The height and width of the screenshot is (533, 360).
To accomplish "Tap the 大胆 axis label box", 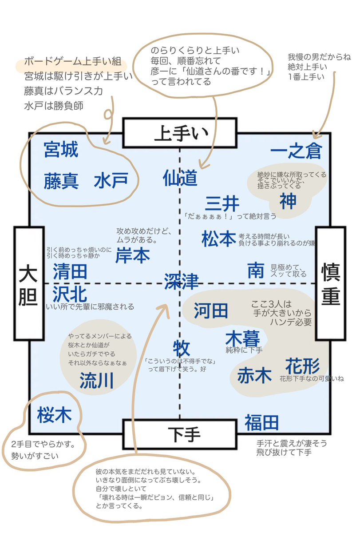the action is point(29,285).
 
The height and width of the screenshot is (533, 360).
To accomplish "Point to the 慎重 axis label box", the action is point(330,285).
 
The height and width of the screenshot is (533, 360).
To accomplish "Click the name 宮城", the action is point(61,151).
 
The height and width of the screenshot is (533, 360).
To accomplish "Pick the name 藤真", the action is point(61,181).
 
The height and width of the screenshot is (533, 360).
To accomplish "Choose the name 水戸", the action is point(111,181).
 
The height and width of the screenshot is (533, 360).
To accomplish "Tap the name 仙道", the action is point(180,178).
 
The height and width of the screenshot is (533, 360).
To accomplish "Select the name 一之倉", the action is point(295,152).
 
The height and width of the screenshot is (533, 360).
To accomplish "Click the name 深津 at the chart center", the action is point(181,282).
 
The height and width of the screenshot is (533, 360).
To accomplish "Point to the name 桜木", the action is point(55,414).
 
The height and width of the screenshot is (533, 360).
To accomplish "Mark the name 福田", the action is point(261,423).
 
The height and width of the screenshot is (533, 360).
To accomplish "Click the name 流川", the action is point(97,381).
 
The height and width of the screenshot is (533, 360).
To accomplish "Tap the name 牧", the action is point(182,348).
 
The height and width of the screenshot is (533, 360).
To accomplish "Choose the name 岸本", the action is point(133,255).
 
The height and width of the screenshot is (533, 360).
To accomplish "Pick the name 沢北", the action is point(70,293).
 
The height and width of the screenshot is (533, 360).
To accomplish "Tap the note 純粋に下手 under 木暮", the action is point(244,350).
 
